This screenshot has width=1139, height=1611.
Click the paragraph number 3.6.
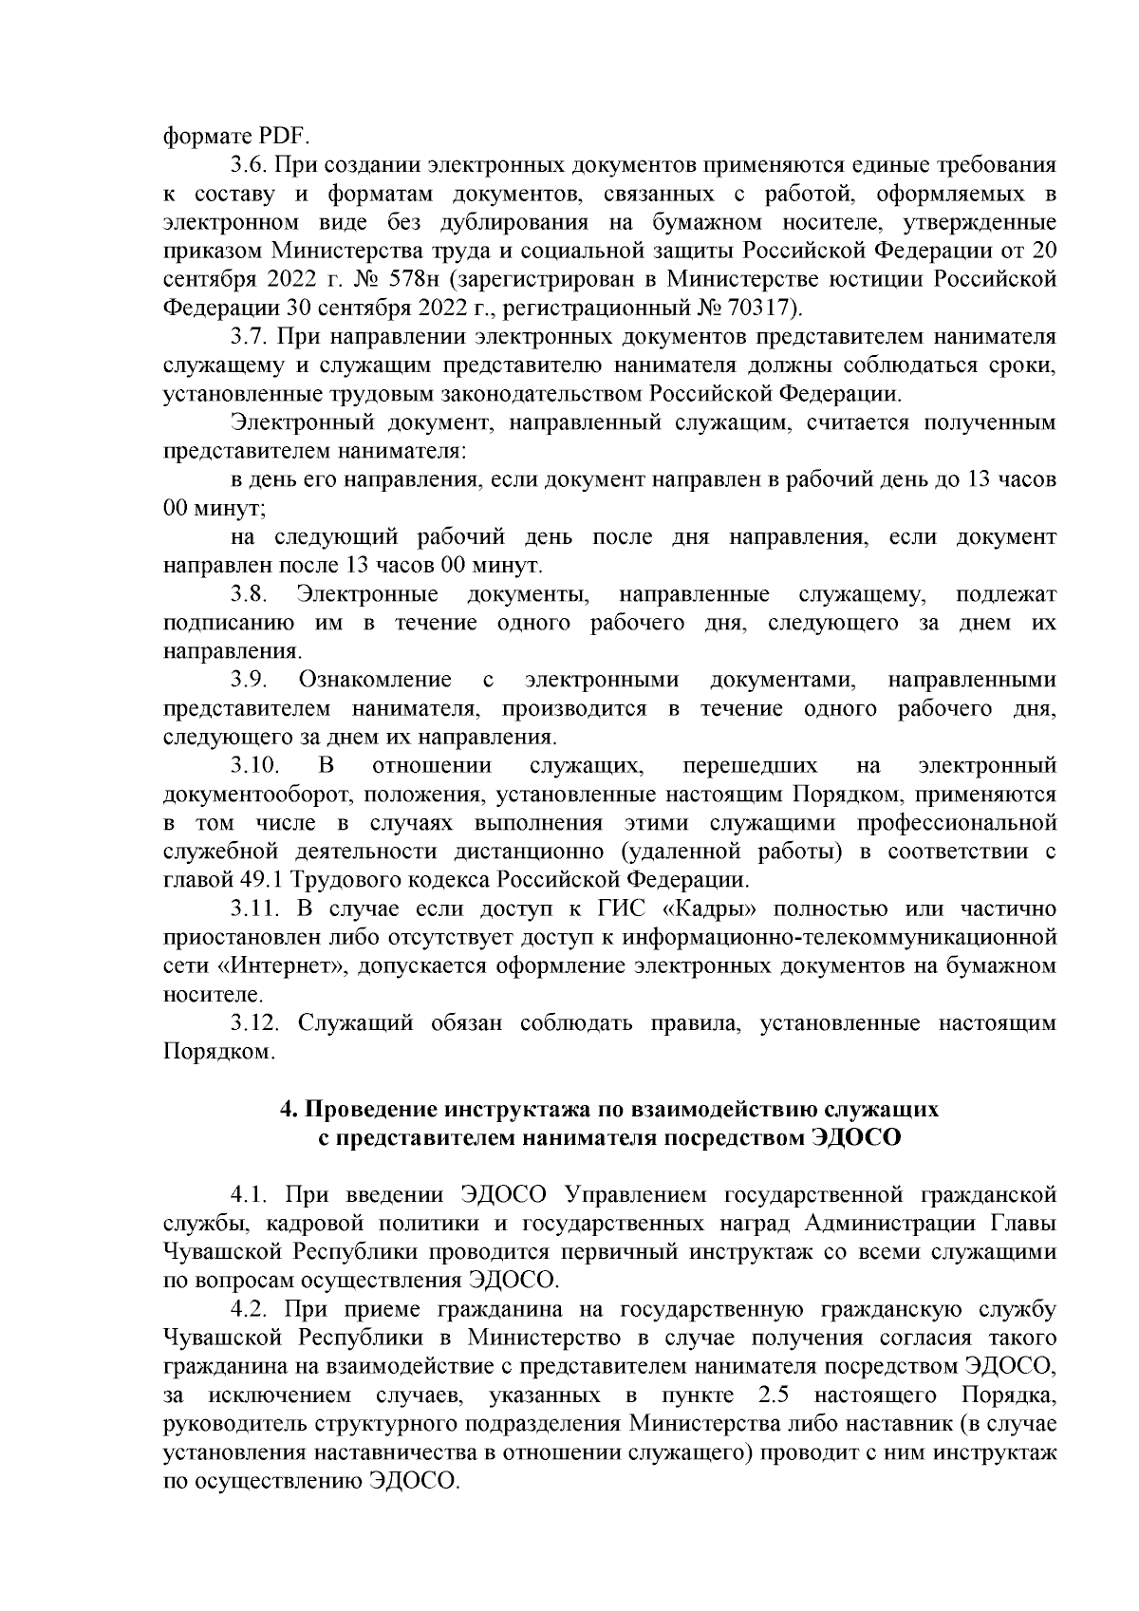coord(248,165)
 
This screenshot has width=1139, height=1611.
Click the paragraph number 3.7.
coord(248,337)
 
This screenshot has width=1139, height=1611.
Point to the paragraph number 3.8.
coord(248,595)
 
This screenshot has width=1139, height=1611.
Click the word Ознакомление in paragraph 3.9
coord(375,681)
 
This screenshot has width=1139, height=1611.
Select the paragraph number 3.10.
coord(253,765)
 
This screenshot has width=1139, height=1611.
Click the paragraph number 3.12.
coord(253,1023)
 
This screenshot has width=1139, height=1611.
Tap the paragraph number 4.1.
coord(248,1194)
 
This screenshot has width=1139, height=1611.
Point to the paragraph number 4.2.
coord(248,1309)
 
